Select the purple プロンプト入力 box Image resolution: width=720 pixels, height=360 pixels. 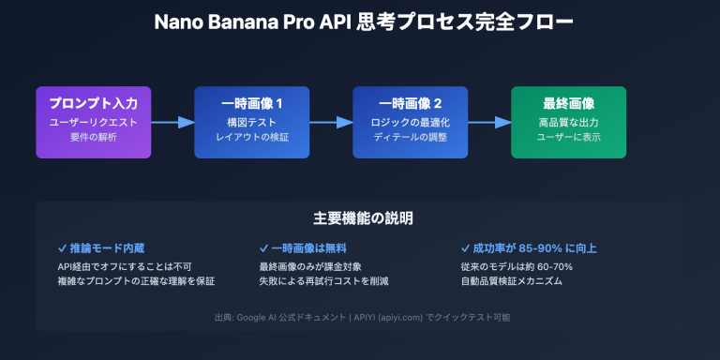tap(93, 122)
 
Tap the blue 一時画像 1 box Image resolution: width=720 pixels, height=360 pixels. tap(251, 122)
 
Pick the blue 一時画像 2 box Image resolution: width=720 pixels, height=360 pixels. tap(410, 122)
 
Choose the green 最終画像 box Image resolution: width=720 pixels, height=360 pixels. tap(568, 122)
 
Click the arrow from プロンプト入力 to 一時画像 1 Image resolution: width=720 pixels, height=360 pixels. tap(172, 122)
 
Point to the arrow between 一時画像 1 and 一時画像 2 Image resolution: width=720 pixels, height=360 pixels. tap(331, 122)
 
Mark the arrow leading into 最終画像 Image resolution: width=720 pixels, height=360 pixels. tap(489, 122)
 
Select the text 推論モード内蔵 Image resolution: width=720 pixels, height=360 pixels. tap(106, 248)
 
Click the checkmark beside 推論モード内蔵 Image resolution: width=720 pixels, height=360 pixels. tap(62, 248)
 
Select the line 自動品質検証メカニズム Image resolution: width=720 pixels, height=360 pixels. tap(512, 281)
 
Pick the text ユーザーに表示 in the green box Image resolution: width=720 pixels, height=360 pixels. tap(568, 138)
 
